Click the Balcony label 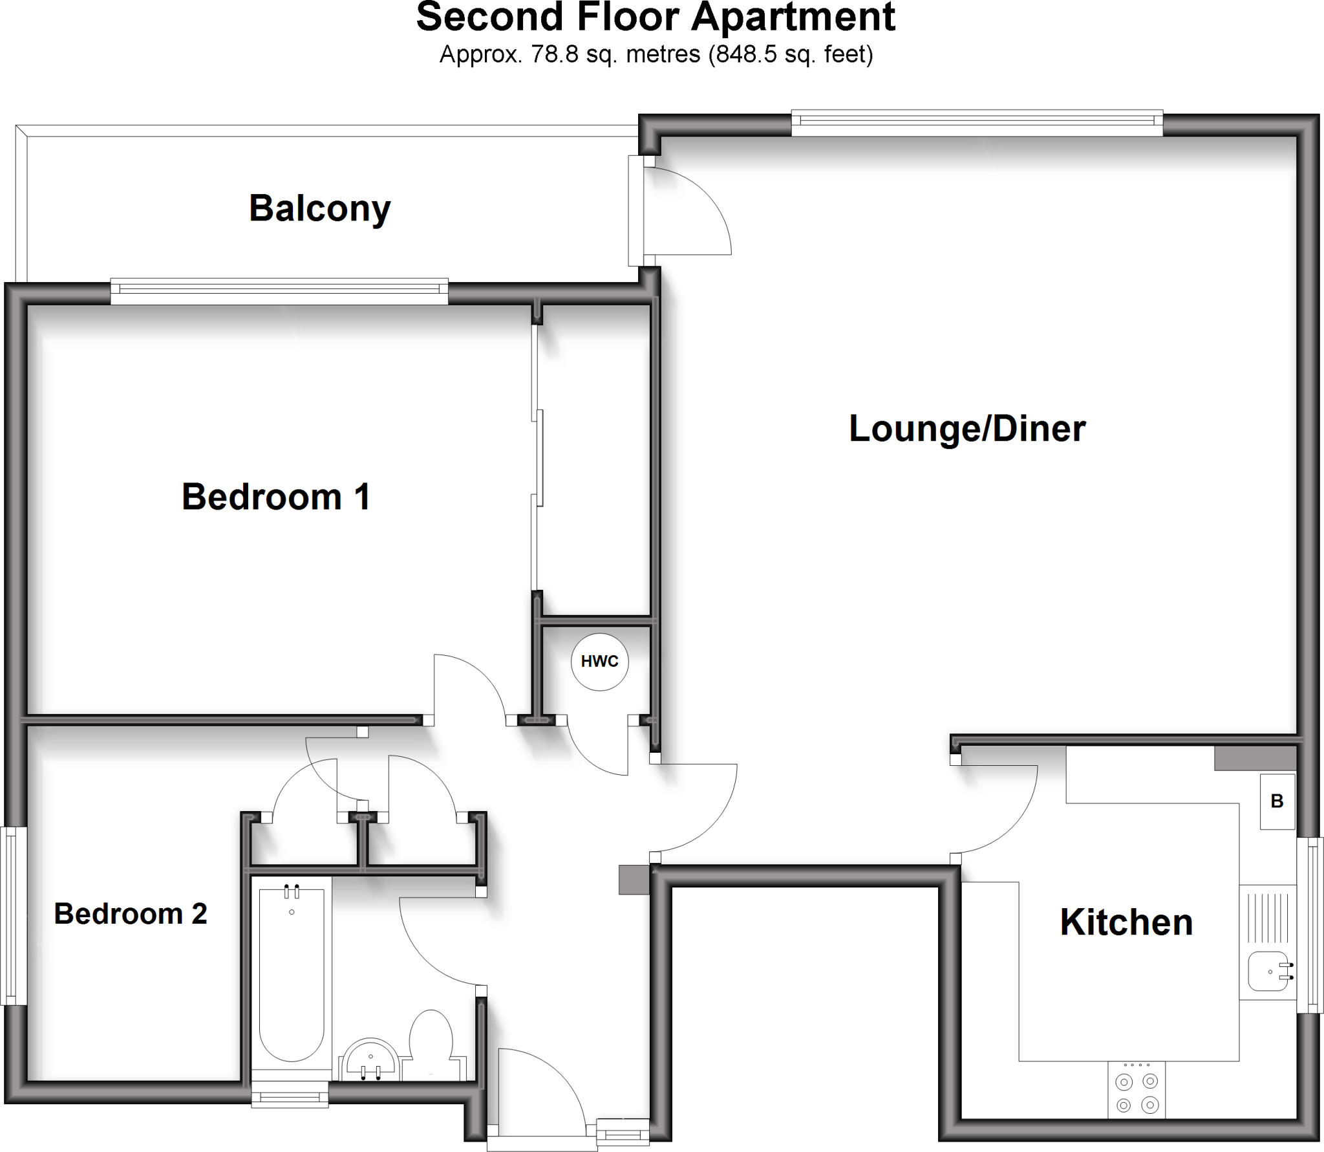pyautogui.click(x=320, y=208)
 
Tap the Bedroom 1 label pyautogui.click(x=276, y=497)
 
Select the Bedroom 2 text pyautogui.click(x=131, y=914)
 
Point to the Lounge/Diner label pyautogui.click(x=967, y=428)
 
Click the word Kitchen pyautogui.click(x=1126, y=922)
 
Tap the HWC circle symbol pyautogui.click(x=600, y=662)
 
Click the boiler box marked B pyautogui.click(x=1277, y=801)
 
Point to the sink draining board pyautogui.click(x=1268, y=917)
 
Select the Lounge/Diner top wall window pyautogui.click(x=977, y=124)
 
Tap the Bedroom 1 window pyautogui.click(x=279, y=291)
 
